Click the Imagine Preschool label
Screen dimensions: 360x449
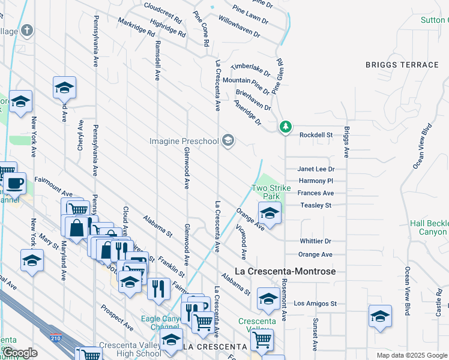tap(184, 141)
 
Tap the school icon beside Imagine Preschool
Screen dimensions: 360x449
tap(228, 141)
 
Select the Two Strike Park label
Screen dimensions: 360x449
tap(271, 192)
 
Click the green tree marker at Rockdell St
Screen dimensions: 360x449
tap(286, 127)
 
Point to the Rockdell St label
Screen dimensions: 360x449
tap(316, 136)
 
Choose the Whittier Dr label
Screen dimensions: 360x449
tap(315, 241)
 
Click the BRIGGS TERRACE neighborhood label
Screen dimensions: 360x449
tap(402, 65)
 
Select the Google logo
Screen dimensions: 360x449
tap(20, 353)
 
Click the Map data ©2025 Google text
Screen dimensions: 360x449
tap(411, 355)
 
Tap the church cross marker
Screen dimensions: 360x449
tap(27, 31)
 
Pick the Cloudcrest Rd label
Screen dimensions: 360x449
tap(163, 12)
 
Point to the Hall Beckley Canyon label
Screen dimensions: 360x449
tap(429, 227)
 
